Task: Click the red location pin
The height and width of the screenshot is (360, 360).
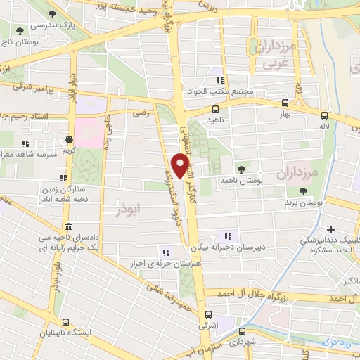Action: (x=181, y=167)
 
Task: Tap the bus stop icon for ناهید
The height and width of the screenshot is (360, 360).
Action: (x=215, y=109)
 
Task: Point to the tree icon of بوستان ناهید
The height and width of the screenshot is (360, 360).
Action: (x=241, y=169)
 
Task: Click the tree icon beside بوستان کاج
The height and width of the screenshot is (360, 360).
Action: (x=20, y=32)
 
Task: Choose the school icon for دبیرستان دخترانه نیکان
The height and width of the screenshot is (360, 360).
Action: (x=227, y=236)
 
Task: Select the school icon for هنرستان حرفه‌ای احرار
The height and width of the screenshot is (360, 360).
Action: (x=166, y=252)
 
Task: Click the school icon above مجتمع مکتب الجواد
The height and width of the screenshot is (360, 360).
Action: (x=219, y=80)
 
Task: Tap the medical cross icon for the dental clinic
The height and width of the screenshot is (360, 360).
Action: (x=330, y=229)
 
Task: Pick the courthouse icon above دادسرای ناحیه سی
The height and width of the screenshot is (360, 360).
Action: (x=68, y=226)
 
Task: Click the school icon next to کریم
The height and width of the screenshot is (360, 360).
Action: (x=68, y=139)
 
